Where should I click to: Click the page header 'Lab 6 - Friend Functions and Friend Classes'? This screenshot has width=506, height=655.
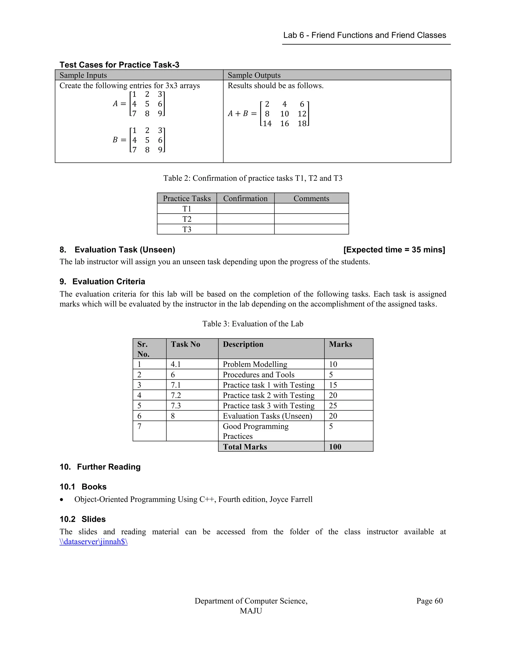(364, 35)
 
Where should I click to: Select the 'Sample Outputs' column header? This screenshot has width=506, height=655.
(254, 75)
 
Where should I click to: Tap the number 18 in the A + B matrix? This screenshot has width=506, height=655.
(302, 124)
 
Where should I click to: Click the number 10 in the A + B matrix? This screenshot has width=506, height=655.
(284, 114)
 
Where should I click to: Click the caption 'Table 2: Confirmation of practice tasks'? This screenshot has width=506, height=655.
(253, 178)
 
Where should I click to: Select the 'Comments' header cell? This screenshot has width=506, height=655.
(311, 198)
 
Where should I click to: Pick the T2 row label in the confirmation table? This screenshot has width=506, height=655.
(187, 219)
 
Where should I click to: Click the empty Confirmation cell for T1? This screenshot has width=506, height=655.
(245, 209)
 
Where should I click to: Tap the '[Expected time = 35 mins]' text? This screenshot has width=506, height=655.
(394, 250)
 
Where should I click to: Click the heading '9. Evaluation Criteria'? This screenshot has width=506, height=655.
(102, 282)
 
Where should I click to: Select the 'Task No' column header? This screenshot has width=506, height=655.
(185, 344)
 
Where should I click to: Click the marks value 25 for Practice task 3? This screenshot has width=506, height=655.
(333, 406)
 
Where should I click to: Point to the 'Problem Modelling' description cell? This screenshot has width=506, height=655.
(255, 364)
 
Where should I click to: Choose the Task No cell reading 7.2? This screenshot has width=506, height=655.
(176, 395)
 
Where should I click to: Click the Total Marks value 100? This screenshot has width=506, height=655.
(335, 447)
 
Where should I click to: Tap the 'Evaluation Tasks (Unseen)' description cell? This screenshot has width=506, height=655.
(267, 416)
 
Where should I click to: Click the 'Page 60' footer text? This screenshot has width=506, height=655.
(429, 601)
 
